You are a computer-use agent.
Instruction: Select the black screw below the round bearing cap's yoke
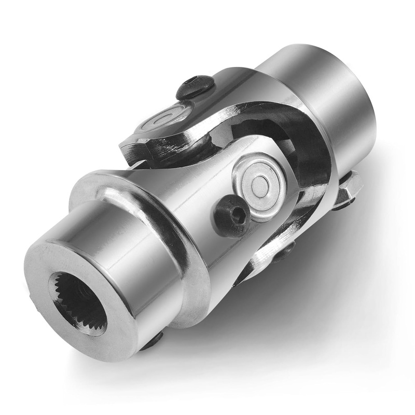pyautogui.click(x=283, y=252)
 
